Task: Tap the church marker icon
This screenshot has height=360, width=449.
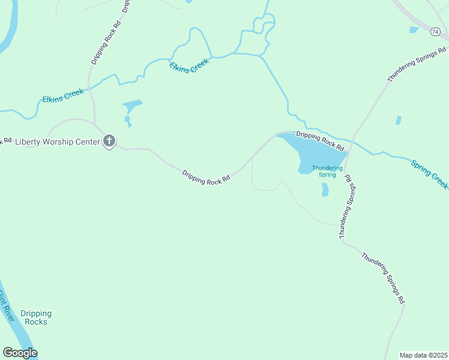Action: pyautogui.click(x=109, y=142)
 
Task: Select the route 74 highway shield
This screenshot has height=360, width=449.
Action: pyautogui.click(x=435, y=32)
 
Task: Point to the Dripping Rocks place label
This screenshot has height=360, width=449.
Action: pyautogui.click(x=36, y=317)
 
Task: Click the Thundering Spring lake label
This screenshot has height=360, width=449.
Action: pyautogui.click(x=327, y=171)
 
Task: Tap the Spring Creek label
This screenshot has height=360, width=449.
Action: pyautogui.click(x=429, y=174)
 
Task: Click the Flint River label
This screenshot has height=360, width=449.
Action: pyautogui.click(x=6, y=306)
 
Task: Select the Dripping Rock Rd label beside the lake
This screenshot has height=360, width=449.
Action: pyautogui.click(x=321, y=141)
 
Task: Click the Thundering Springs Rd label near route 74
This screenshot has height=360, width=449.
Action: pyautogui.click(x=417, y=64)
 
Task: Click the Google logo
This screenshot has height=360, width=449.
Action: pyautogui.click(x=20, y=353)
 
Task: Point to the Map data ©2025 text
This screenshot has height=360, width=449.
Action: pyautogui.click(x=423, y=355)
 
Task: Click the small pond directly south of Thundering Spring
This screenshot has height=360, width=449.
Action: pyautogui.click(x=325, y=190)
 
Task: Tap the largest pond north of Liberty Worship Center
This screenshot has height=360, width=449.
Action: pyautogui.click(x=133, y=106)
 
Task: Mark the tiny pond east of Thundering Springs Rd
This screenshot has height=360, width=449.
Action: pyautogui.click(x=399, y=120)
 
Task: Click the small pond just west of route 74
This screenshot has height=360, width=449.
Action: pyautogui.click(x=414, y=29)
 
